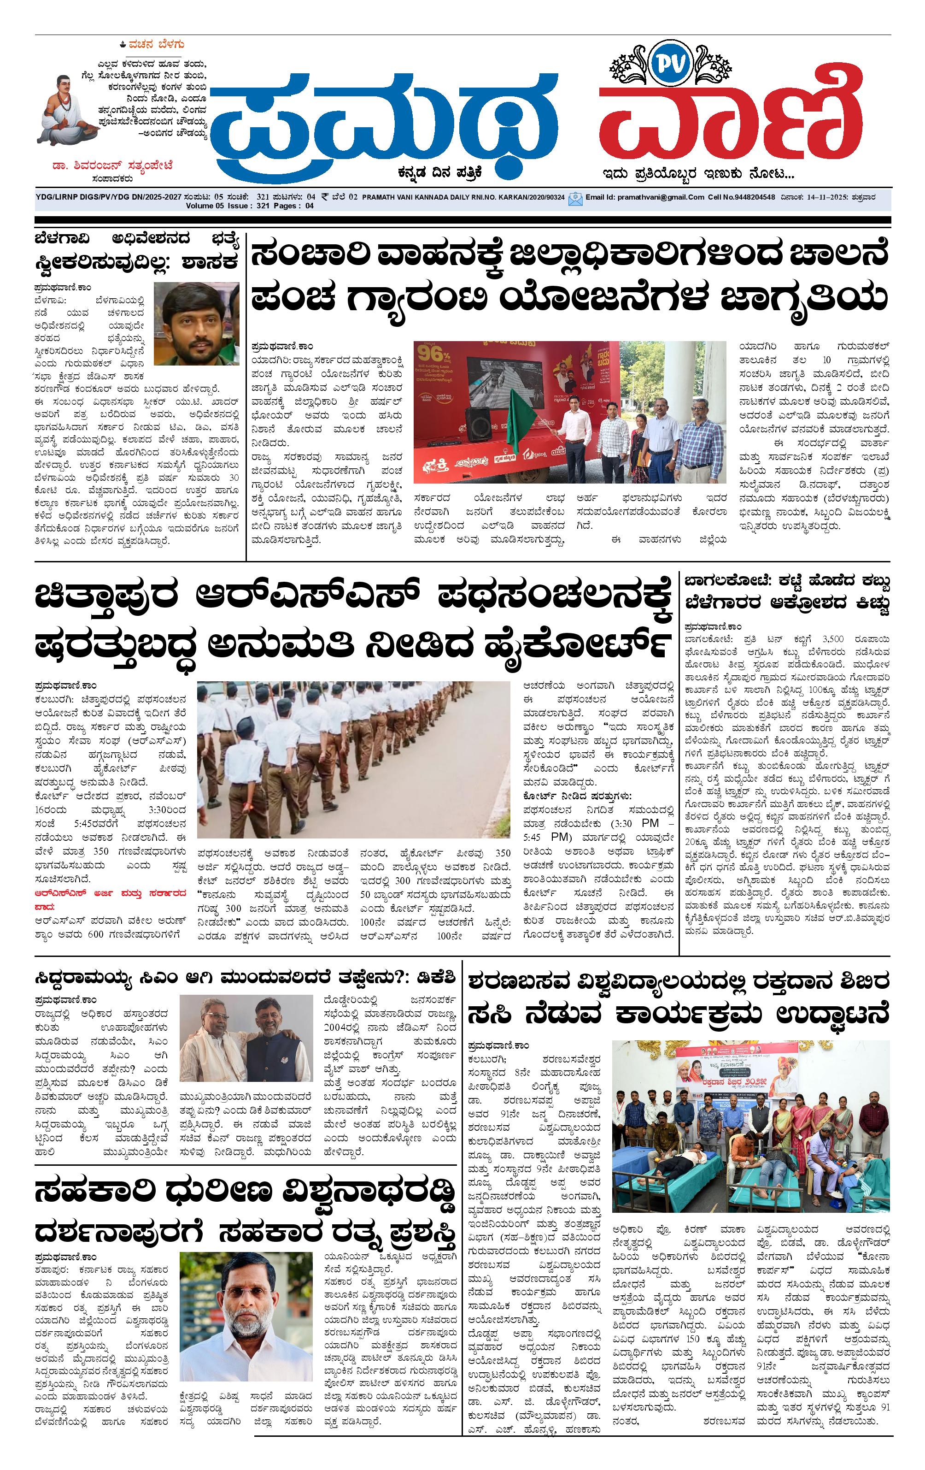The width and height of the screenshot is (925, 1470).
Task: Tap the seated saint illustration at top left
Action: click(66, 107)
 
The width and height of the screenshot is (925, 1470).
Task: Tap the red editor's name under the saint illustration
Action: click(113, 165)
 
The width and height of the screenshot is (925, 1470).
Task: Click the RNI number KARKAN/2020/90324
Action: click(525, 197)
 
